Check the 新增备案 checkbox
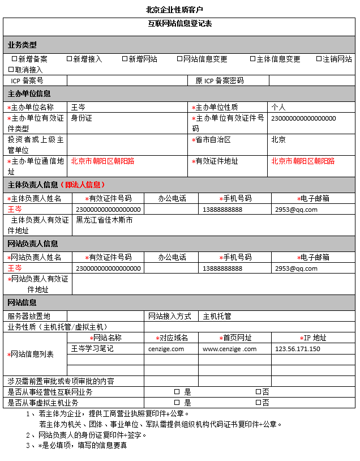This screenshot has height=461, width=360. (15, 59)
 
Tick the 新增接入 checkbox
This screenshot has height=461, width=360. (70, 59)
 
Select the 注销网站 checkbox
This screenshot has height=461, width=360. (319, 59)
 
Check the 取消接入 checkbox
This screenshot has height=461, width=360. (11, 70)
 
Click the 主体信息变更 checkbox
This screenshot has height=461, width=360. (253, 59)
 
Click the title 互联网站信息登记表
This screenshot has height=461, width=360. (180, 24)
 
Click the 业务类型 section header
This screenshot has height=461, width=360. (23, 45)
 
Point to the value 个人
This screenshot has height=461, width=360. (278, 107)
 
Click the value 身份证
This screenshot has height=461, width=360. (82, 118)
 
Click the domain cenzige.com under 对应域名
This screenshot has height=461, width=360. (166, 349)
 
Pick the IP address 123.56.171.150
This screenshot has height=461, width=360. (298, 349)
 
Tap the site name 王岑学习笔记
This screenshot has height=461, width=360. (92, 349)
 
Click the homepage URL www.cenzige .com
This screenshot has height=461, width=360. (230, 349)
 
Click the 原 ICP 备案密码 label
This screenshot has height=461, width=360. (220, 81)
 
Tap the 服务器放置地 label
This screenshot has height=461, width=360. (29, 316)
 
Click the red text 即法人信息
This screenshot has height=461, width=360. (85, 185)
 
